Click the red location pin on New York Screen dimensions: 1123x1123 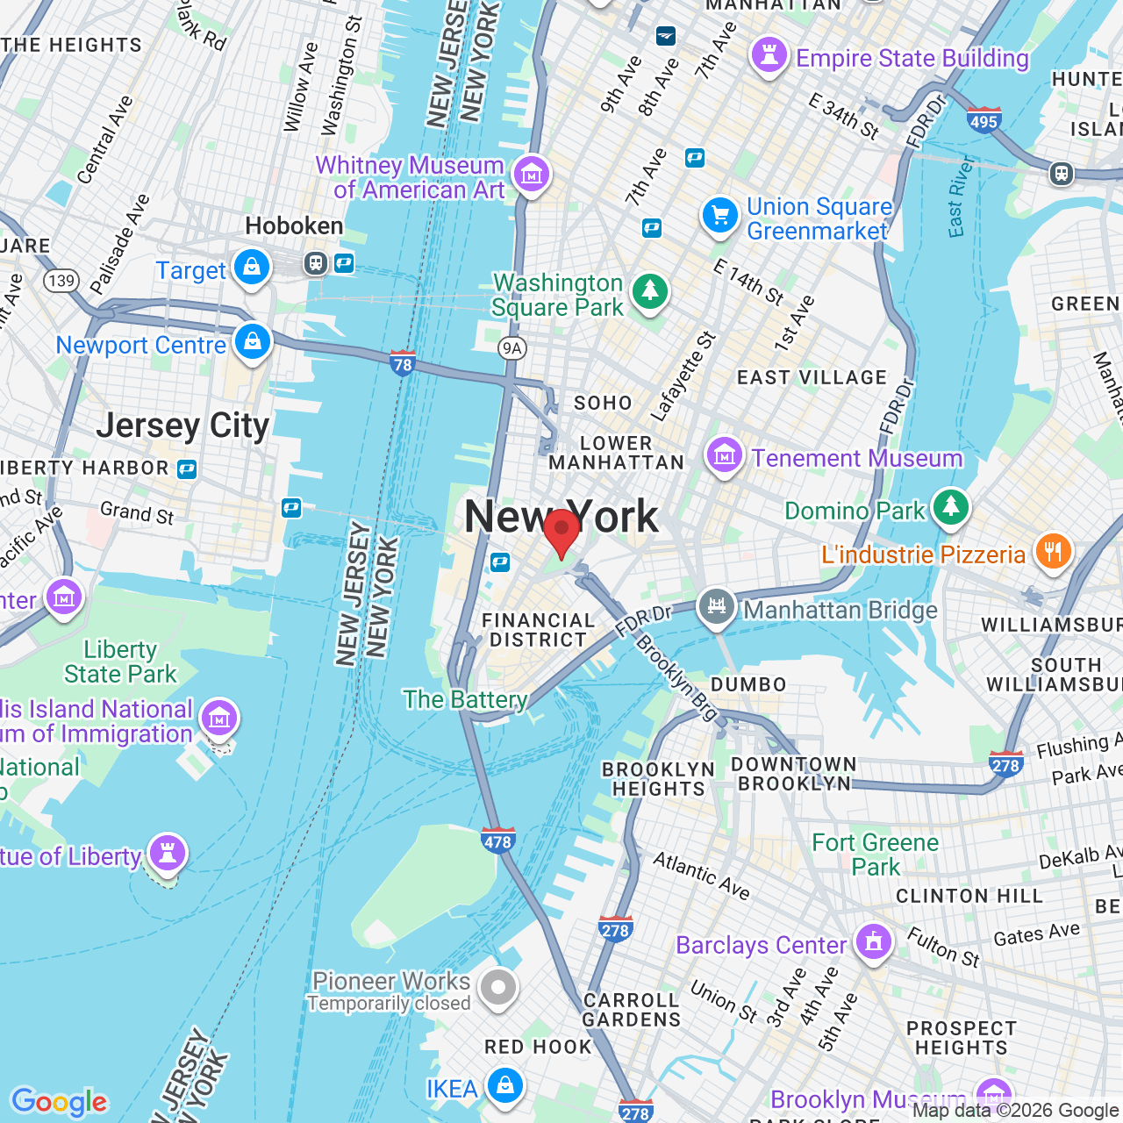561,530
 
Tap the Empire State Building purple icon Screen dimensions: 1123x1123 769,55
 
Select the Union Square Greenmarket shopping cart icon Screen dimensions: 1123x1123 720,215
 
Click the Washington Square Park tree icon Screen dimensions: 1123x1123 650,290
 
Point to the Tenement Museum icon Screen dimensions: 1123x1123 725,455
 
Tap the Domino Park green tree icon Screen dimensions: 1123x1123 950,507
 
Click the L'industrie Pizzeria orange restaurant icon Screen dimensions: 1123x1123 1053,552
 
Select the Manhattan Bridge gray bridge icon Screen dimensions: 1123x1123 717,606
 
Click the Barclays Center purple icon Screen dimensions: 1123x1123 873,942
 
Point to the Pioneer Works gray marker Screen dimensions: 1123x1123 498,988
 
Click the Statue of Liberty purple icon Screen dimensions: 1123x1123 167,853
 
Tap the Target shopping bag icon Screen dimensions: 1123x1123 252,267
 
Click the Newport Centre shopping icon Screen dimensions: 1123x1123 253,341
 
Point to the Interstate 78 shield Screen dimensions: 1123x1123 403,363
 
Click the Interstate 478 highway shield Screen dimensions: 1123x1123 497,840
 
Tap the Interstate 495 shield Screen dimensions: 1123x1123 984,120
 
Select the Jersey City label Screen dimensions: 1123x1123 182,426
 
